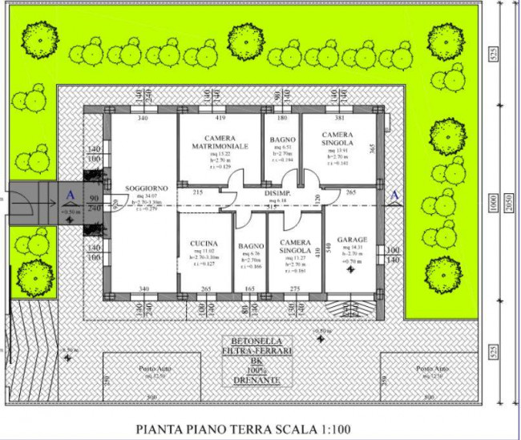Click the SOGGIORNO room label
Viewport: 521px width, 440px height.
(x=146, y=188)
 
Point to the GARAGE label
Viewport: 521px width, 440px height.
(x=351, y=239)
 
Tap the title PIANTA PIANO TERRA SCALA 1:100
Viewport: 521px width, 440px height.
(x=244, y=430)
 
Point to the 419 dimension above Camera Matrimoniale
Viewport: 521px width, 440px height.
(x=220, y=119)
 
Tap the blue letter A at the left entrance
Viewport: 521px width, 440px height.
(x=70, y=195)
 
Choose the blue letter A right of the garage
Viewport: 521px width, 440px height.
(x=394, y=195)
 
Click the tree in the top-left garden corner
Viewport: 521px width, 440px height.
(x=38, y=38)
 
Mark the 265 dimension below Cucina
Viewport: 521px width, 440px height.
(x=206, y=289)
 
